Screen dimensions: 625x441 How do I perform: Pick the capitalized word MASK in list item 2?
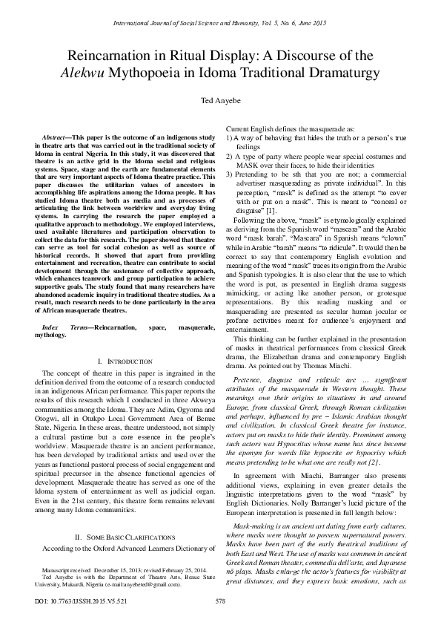point(247,166)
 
